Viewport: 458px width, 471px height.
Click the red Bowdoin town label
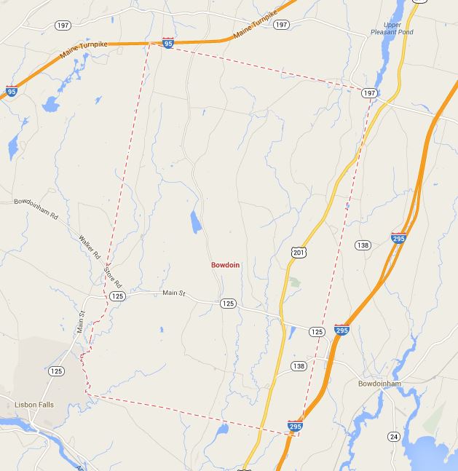coord(225,265)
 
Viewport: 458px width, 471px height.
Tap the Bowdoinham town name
coord(379,384)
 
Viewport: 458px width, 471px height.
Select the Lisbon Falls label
coord(34,405)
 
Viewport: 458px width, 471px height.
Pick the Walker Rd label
coord(90,248)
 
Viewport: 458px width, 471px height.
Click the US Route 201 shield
coord(300,251)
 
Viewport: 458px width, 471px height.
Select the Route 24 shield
coord(394,436)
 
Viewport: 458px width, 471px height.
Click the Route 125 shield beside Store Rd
coord(117,296)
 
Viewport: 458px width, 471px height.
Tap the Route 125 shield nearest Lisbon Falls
coord(56,371)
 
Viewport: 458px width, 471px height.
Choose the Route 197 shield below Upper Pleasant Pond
coord(369,93)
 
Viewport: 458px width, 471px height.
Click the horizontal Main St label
coord(175,293)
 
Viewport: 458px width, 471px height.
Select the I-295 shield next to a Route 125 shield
coord(341,331)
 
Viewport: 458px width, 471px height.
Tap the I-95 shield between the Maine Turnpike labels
coord(168,44)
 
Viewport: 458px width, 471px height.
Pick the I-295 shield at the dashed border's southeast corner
coord(295,426)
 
